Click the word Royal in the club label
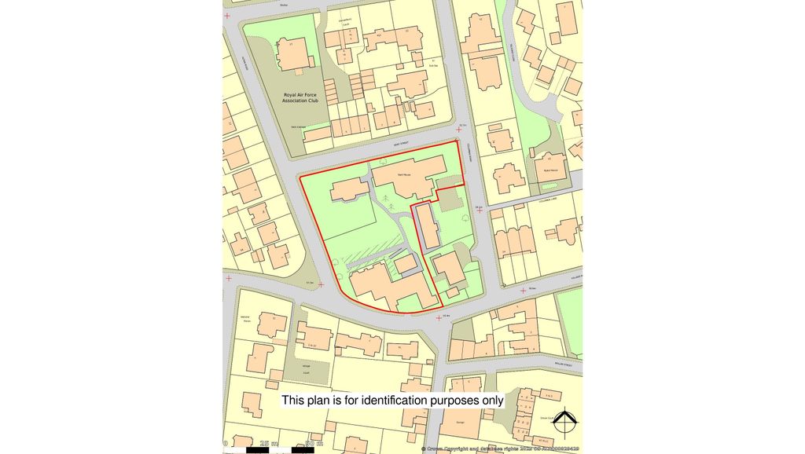(292, 95)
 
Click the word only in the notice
(492, 401)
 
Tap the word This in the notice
(292, 401)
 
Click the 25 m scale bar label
(268, 445)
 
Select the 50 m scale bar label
(314, 445)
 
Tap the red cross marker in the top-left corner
(228, 16)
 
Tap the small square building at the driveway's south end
(406, 264)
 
